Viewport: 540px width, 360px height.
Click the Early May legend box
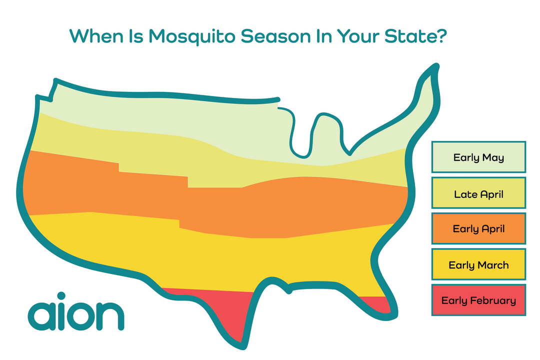(478, 157)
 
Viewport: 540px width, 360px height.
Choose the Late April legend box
(478, 193)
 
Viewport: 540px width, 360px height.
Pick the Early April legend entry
(478, 229)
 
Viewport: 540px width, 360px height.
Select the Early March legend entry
(478, 265)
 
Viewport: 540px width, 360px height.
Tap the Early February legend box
(478, 300)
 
